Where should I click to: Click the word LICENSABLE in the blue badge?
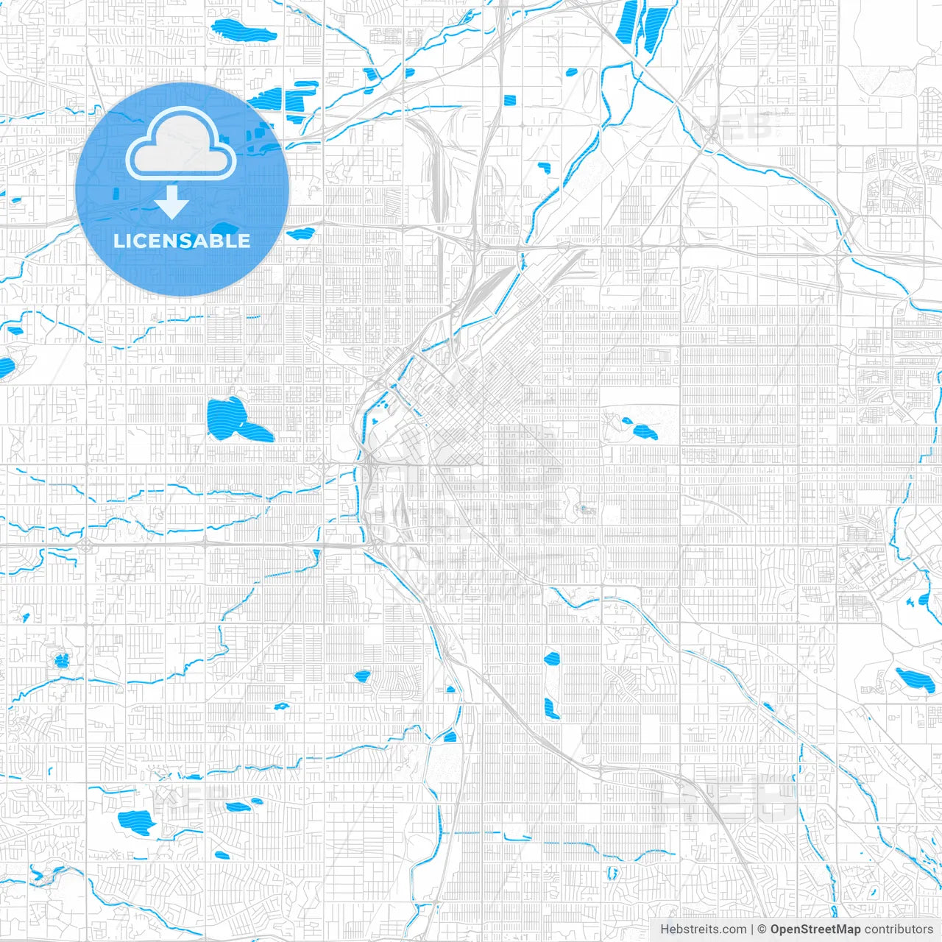[x=182, y=241]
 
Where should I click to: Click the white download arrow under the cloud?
[x=171, y=202]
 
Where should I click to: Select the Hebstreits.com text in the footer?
[x=703, y=929]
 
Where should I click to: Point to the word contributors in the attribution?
[x=899, y=929]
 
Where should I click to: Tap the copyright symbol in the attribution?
[x=762, y=929]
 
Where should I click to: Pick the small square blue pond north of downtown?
[x=509, y=100]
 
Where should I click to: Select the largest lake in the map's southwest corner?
[x=137, y=819]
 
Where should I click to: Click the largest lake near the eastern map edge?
[x=914, y=680]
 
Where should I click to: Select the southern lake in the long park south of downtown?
[x=551, y=708]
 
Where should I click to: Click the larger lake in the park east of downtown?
[x=647, y=432]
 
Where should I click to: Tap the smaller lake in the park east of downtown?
[x=628, y=422]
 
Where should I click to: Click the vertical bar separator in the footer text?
[x=751, y=929]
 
